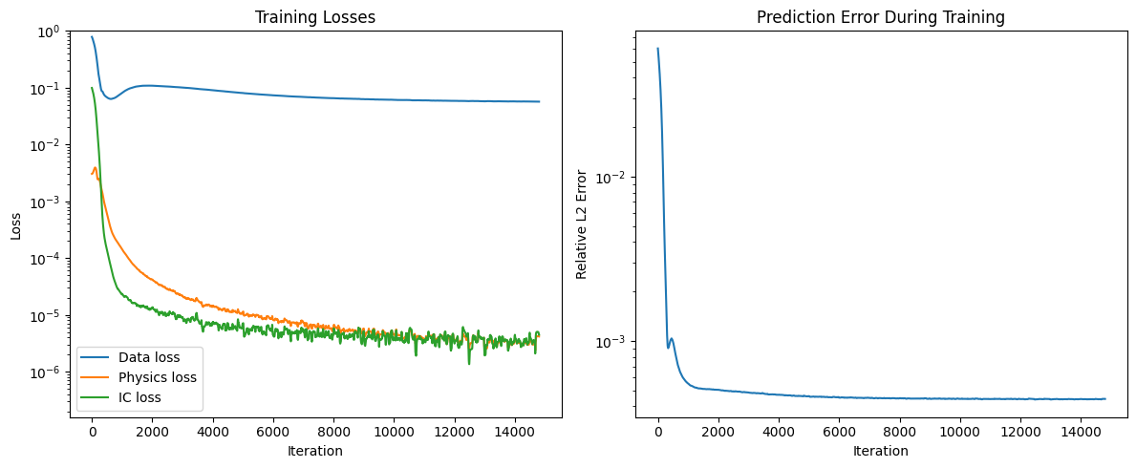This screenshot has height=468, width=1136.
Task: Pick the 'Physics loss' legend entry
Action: pyautogui.click(x=157, y=377)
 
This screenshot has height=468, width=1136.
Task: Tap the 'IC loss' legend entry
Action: pyautogui.click(x=139, y=397)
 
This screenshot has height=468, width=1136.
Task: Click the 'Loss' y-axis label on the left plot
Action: pyautogui.click(x=16, y=225)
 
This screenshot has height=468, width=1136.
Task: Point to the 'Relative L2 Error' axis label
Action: pyautogui.click(x=582, y=225)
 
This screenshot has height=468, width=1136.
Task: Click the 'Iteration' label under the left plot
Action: pyautogui.click(x=314, y=451)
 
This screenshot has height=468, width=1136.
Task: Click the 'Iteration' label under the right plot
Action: pyautogui.click(x=880, y=451)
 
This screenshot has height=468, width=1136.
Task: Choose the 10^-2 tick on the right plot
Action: pyautogui.click(x=610, y=178)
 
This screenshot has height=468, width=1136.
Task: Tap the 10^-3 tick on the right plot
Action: pyautogui.click(x=610, y=342)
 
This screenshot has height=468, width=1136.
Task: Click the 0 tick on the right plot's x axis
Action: pyautogui.click(x=657, y=433)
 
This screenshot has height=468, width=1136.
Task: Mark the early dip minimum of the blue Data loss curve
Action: pyautogui.click(x=111, y=98)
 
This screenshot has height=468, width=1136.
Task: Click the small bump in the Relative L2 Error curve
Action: pyautogui.click(x=672, y=339)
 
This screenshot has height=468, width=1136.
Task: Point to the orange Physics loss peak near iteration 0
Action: pyautogui.click(x=95, y=168)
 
